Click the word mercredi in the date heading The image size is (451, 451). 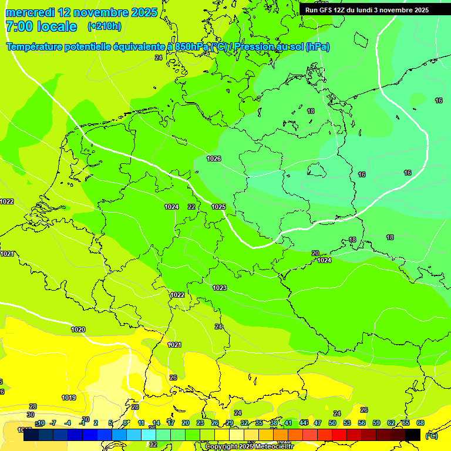pos(31,12)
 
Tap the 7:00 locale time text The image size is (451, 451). pos(41,26)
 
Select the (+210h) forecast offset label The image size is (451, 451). pos(105,26)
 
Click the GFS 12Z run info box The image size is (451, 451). pos(366,10)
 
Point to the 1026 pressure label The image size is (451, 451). pos(214,159)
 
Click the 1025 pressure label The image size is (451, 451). pos(218,207)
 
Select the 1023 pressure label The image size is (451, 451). pos(220,288)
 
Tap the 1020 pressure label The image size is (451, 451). pos(78,329)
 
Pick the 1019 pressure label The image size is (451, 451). pos(69,398)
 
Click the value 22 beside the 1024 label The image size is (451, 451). pos(191,207)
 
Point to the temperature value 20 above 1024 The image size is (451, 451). pos(315,253)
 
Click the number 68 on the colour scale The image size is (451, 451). pos(420,423)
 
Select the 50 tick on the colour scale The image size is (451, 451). pos(332,423)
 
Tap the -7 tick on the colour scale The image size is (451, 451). pos(53,423)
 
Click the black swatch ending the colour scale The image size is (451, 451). pos(413,435)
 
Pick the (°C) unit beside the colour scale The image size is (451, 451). pos(431,435)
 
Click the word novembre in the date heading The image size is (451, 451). pos(102,12)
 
